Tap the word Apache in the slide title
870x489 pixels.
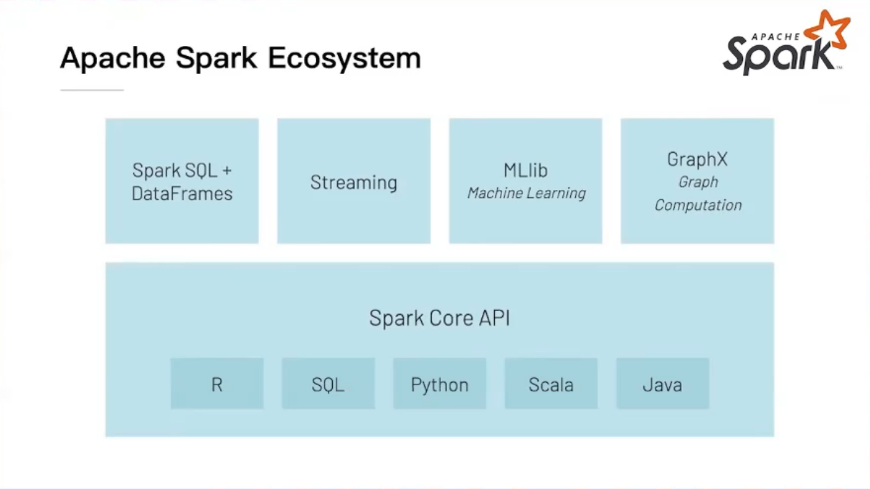click(113, 58)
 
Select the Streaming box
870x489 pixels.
click(354, 181)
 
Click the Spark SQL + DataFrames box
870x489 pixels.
click(182, 181)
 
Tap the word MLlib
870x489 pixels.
click(526, 171)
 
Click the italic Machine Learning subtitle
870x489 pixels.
click(526, 193)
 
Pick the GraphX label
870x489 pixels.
click(697, 159)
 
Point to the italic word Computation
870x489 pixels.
click(698, 205)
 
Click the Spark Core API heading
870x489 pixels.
click(439, 318)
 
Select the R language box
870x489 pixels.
click(217, 384)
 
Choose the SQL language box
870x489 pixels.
click(328, 384)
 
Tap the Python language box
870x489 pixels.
click(440, 384)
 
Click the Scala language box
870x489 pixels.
click(551, 384)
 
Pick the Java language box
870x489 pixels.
click(662, 384)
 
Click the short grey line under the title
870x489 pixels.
click(92, 90)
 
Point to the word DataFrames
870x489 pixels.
click(182, 194)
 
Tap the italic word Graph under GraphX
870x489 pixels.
click(698, 182)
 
